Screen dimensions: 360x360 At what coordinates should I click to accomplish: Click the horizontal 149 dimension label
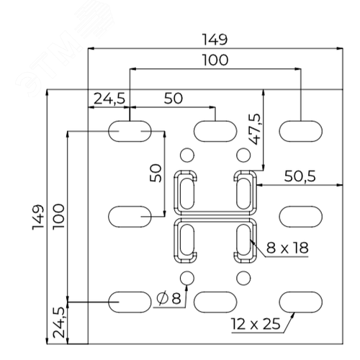[215, 40]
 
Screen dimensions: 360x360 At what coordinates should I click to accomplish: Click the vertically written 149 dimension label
[38, 217]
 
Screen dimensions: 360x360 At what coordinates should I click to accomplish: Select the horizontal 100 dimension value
[215, 60]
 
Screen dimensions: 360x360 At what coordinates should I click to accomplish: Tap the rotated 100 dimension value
[58, 217]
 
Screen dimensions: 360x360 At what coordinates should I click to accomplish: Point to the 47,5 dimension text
[255, 129]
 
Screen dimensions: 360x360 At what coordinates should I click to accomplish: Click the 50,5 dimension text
[300, 176]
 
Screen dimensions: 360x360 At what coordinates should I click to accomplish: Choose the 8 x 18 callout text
[287, 248]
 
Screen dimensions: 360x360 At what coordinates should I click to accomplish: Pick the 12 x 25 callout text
[256, 324]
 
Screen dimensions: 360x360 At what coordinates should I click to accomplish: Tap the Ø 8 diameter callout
[168, 298]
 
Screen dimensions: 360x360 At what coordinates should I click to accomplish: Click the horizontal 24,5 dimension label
[109, 99]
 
